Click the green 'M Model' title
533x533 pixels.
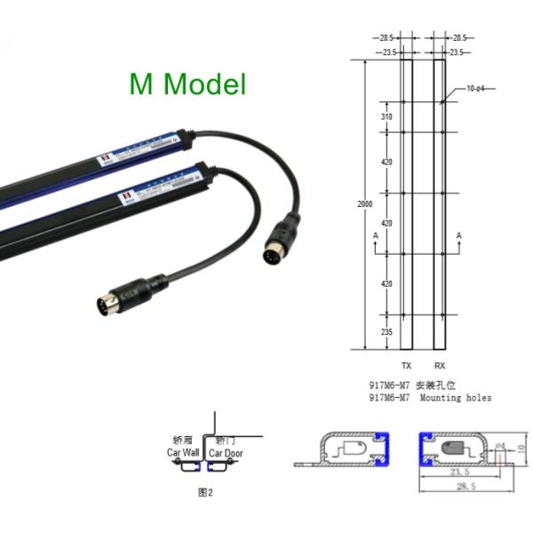[x=187, y=84]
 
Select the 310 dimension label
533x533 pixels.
[x=386, y=117]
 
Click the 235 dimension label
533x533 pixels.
[x=386, y=330]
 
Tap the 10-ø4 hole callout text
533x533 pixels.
[x=476, y=89]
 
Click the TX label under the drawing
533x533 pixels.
[x=407, y=366]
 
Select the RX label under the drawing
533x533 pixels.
[x=440, y=366]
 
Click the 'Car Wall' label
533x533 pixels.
[x=184, y=453]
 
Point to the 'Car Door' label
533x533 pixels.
[x=225, y=453]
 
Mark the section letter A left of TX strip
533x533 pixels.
[x=377, y=235]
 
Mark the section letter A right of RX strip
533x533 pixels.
[x=459, y=235]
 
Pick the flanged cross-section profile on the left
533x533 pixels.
[x=346, y=449]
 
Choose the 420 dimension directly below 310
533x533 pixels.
[x=386, y=162]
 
